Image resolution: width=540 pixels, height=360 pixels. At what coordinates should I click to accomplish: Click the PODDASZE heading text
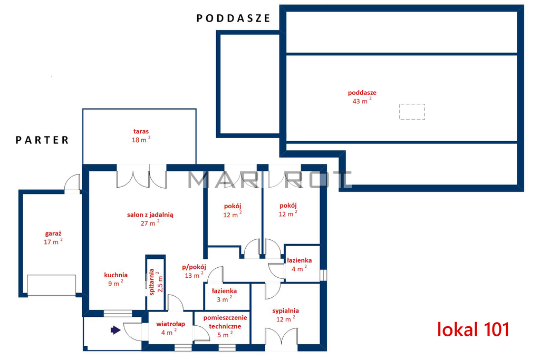233,18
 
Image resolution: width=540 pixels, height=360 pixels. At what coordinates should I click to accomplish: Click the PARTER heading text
42,140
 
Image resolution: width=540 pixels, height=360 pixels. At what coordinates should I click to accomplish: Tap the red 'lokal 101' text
473,329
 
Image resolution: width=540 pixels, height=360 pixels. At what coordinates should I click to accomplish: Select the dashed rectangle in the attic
412,112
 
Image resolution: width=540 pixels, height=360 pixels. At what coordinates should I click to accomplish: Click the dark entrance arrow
115,330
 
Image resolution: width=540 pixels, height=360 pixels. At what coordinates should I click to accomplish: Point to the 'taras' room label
141,131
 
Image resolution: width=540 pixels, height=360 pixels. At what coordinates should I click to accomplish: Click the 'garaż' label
53,233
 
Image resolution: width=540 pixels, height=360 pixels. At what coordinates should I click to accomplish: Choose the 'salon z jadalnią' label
150,215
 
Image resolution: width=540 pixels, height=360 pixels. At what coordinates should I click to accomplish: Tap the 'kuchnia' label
115,275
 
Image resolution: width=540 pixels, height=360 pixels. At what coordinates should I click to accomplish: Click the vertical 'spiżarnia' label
152,282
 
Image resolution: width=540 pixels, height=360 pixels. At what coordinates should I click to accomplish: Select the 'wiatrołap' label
170,324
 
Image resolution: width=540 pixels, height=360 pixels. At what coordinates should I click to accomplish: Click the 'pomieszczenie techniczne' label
225,322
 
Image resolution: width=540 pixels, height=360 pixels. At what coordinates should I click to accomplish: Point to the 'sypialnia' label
285,311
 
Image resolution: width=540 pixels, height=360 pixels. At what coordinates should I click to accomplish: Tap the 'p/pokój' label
194,267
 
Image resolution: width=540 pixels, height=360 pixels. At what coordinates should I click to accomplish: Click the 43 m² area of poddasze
362,101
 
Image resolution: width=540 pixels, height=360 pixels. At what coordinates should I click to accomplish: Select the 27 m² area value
150,223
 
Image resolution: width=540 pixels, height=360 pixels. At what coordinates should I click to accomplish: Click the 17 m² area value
53,241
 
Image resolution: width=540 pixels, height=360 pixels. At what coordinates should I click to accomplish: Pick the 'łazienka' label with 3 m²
224,291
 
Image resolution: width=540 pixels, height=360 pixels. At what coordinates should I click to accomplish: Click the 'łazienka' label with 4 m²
300,260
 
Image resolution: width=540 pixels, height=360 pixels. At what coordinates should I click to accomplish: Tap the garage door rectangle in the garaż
52,285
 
